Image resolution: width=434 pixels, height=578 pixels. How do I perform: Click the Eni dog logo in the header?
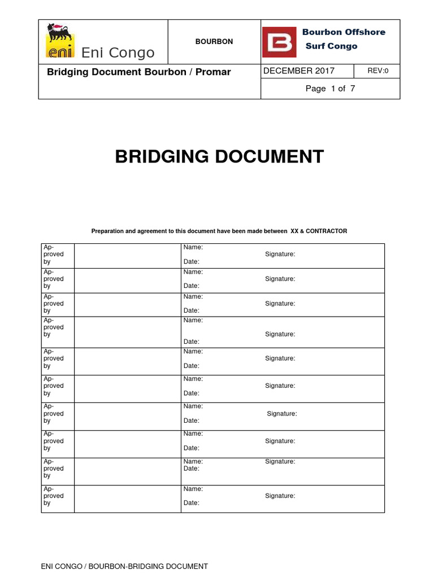point(58,40)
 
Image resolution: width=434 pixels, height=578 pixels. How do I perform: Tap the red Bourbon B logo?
point(279,41)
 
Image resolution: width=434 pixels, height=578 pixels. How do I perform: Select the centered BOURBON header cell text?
point(214,42)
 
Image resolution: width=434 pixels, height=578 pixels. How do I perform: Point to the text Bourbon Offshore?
point(344,32)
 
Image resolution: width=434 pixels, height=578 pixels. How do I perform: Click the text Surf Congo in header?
point(331,46)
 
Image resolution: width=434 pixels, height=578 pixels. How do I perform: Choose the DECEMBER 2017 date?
point(299,71)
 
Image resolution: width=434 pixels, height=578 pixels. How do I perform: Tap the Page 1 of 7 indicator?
point(330,89)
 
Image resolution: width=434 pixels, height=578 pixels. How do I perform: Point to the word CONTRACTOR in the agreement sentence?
point(327,231)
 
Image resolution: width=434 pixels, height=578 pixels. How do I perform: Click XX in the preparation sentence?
point(294,231)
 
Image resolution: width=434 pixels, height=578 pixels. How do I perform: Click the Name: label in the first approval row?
point(193,247)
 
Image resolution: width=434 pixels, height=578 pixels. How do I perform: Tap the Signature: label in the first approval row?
point(280,255)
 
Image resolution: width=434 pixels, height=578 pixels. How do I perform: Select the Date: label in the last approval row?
point(191,503)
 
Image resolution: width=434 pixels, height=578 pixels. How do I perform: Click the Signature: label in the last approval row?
point(280,496)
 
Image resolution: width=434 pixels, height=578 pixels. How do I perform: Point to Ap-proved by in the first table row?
point(54,255)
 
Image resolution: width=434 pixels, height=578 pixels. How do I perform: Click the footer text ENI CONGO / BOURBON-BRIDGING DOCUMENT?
point(125,566)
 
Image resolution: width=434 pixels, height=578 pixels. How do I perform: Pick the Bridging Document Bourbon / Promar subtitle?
point(138,72)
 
